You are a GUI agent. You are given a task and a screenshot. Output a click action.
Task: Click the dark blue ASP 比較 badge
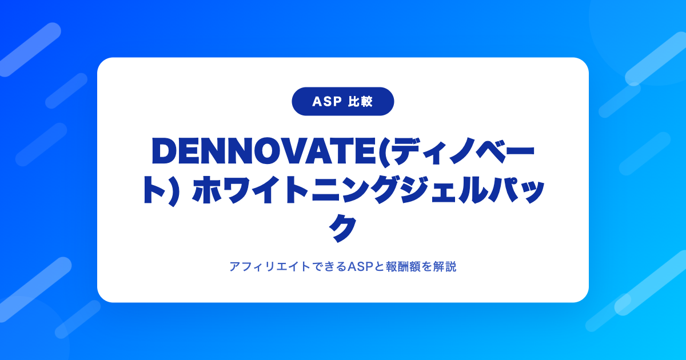[342, 101]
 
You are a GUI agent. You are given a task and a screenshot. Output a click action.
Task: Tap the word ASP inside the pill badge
[327, 102]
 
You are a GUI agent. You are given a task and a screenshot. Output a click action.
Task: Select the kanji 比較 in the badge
[361, 102]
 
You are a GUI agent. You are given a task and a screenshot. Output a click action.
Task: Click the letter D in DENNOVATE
[165, 151]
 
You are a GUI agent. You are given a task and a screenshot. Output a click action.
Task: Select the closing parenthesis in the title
[172, 191]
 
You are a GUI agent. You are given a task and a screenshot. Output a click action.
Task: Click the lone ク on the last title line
[342, 228]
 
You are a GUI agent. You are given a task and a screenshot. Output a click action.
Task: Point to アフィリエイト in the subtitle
[270, 267]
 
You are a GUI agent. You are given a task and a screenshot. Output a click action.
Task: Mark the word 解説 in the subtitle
[445, 267]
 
